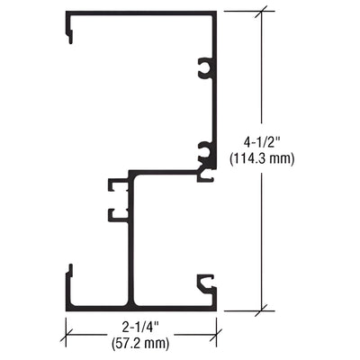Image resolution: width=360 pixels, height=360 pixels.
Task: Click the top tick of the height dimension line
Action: [x=263, y=12]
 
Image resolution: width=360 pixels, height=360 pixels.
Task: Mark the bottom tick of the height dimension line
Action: [x=263, y=310]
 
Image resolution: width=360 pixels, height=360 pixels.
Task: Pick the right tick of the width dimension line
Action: [x=217, y=335]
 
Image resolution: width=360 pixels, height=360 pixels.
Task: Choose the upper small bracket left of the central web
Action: [x=118, y=185]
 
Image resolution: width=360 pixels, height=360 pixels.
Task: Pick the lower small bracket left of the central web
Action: [x=118, y=214]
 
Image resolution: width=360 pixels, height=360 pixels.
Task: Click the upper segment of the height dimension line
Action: [x=263, y=72]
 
